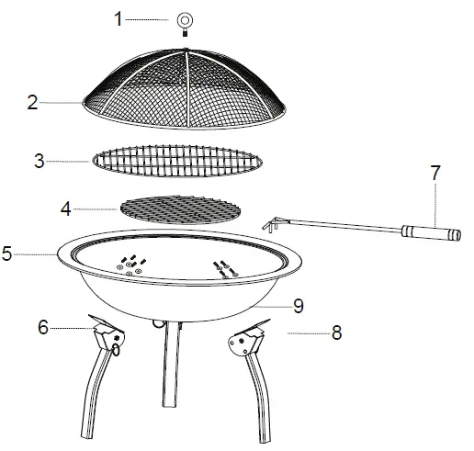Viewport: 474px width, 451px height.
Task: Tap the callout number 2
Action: click(x=33, y=103)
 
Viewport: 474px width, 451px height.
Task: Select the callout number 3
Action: click(x=39, y=162)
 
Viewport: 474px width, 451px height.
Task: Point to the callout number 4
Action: click(x=65, y=209)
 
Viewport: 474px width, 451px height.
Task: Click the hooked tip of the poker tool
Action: click(x=270, y=225)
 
